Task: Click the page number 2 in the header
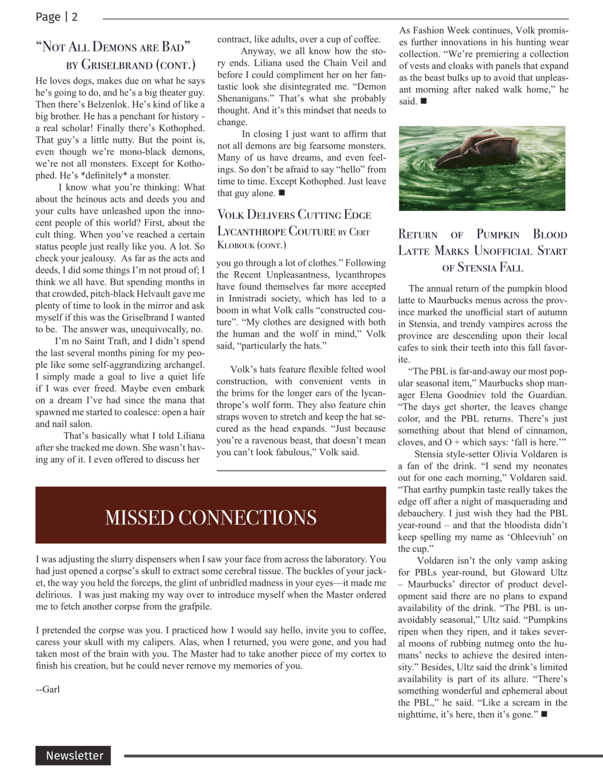pyautogui.click(x=74, y=17)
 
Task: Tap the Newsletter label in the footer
pyautogui.click(x=74, y=755)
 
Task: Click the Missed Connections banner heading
pyautogui.click(x=211, y=517)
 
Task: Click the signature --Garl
pyautogui.click(x=48, y=689)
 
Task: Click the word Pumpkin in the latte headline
pyautogui.click(x=498, y=235)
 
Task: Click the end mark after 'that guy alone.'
pyautogui.click(x=282, y=193)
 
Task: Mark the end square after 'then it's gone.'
pyautogui.click(x=544, y=714)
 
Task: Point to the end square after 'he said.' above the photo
pyautogui.click(x=424, y=101)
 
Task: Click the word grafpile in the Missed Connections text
pyautogui.click(x=193, y=606)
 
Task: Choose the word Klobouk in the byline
pyautogui.click(x=236, y=245)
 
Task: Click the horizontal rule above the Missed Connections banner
pyautogui.click(x=301, y=471)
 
